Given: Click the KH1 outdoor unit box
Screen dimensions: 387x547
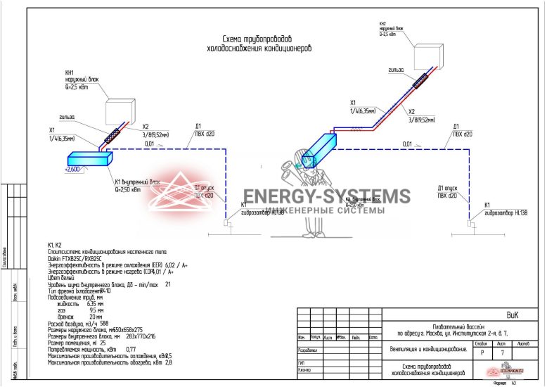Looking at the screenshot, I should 120,112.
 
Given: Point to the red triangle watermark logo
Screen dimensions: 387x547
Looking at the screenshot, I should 182,193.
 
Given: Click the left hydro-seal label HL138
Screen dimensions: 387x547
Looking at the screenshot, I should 262,212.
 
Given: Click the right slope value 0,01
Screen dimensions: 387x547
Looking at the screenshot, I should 408,144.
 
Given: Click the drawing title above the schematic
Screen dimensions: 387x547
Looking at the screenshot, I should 258,44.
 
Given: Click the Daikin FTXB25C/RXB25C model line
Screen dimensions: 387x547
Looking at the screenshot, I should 75,258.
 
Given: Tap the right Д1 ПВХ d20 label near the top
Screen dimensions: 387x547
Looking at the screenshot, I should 462,130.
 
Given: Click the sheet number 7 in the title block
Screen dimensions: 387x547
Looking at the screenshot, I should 501,353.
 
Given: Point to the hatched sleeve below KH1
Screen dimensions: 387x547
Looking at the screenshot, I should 112,135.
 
